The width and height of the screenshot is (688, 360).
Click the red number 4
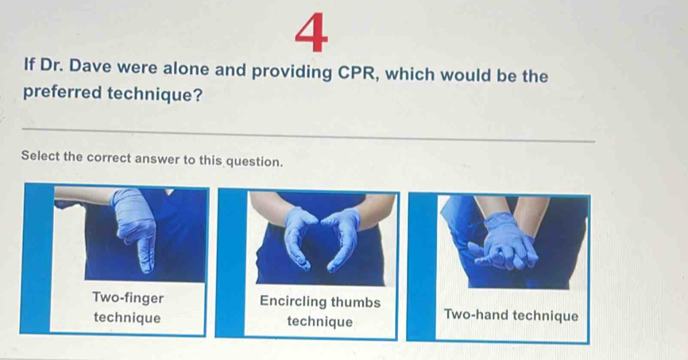tap(316, 34)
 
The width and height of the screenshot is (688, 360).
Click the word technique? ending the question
tap(158, 95)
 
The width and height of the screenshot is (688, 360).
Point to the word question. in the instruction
tap(253, 161)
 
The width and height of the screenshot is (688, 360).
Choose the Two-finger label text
tap(129, 298)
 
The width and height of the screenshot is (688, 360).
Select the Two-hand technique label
tap(512, 315)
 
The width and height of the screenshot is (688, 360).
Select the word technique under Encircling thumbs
tap(319, 322)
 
